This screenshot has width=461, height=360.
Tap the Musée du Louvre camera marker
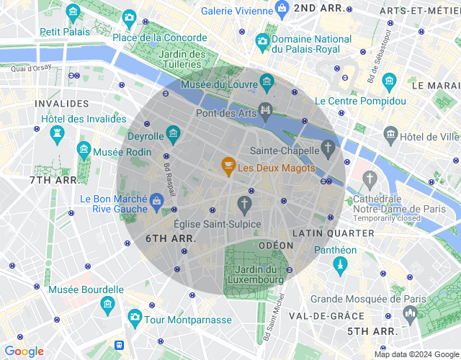[x=267, y=82]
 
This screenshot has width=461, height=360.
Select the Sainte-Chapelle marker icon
[x=328, y=149]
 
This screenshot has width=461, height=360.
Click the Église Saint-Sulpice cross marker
[x=245, y=204]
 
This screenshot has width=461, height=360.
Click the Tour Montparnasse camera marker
[x=134, y=317]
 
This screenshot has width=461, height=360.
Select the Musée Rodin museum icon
[x=84, y=150]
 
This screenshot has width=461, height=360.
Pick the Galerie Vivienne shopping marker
[x=282, y=9]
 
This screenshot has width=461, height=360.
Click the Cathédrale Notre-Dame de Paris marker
[x=370, y=178]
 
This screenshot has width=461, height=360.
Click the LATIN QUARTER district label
[x=333, y=233]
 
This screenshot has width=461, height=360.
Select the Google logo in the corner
[x=24, y=351]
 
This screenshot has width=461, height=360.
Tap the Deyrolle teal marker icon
[x=173, y=133]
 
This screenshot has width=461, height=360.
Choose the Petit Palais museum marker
[x=73, y=13]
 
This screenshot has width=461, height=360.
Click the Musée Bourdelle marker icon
[x=107, y=304]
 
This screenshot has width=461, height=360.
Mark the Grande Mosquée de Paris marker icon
[x=411, y=313]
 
